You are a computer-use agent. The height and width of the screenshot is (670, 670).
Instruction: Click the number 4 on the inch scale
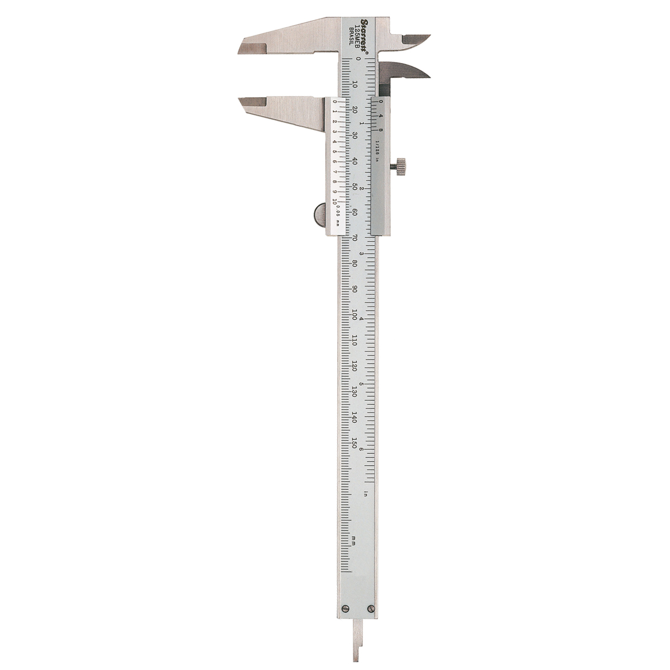pyautogui.click(x=362, y=319)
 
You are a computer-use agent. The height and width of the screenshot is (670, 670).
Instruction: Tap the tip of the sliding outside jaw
pyautogui.click(x=242, y=103)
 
